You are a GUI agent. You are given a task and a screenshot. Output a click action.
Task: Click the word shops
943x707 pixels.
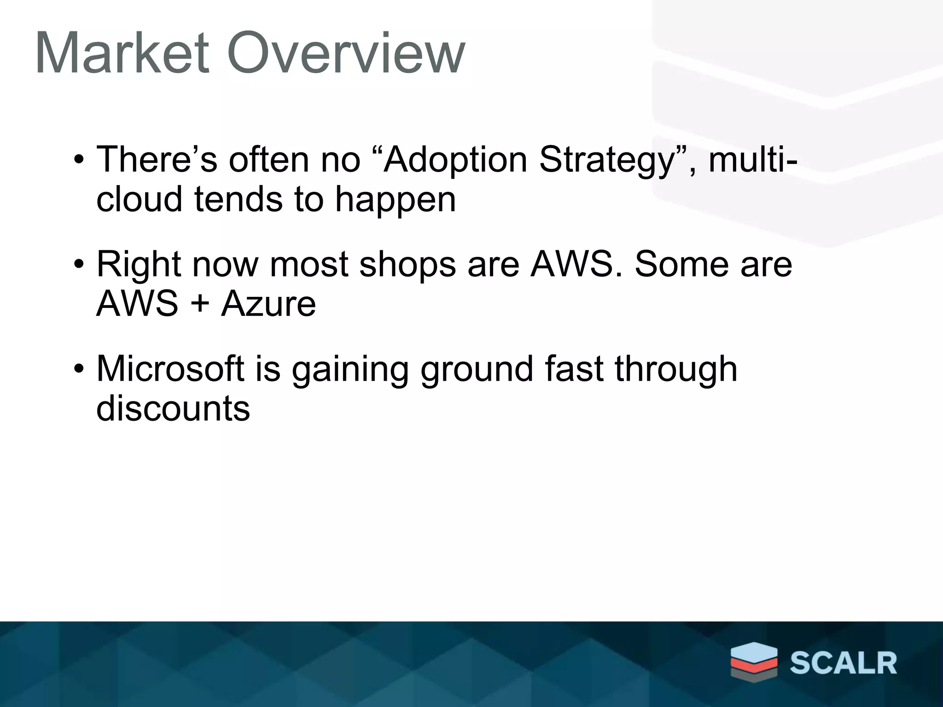(407, 266)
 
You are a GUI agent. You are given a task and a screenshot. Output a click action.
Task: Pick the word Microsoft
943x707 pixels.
(170, 369)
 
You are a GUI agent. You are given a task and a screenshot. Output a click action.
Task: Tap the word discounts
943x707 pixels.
(173, 409)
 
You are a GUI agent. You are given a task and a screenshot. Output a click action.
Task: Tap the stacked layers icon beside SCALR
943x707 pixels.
(754, 661)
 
